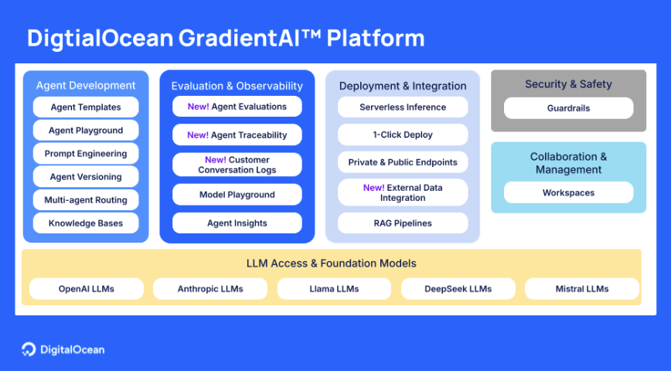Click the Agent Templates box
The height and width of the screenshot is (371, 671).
86,107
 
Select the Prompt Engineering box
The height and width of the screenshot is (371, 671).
86,154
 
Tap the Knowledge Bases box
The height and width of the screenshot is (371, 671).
86,223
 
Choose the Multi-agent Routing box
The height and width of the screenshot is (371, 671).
86,200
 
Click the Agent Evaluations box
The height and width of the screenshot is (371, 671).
237,107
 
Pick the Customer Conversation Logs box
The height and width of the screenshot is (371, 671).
237,165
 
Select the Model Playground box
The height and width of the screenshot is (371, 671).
237,195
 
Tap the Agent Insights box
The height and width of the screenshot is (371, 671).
237,223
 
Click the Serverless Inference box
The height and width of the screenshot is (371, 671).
403,107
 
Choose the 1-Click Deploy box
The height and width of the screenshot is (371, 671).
403,134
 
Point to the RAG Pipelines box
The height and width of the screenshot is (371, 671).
403,223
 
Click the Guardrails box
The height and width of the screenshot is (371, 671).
568,108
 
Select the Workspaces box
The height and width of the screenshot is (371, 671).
568,192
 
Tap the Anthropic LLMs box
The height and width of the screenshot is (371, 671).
210,289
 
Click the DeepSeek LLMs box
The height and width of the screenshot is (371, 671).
458,289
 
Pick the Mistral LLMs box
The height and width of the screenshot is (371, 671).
581,289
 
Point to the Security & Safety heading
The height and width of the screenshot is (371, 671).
568,84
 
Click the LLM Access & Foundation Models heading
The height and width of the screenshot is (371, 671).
331,264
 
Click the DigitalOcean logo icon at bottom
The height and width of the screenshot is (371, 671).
29,349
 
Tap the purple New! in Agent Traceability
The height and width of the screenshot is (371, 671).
198,135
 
